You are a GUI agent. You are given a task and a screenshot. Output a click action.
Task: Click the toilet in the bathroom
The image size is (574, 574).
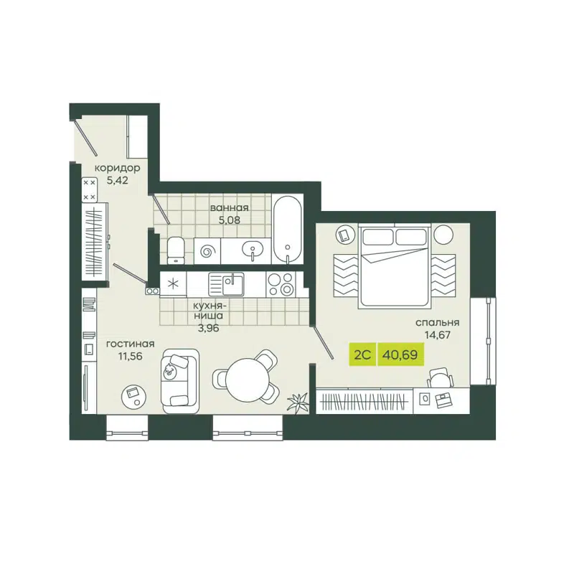tap(174, 250)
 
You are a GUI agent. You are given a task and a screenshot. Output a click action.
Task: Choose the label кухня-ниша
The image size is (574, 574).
tap(209, 309)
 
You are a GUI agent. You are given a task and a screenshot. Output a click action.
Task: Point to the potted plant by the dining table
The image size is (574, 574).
tap(296, 403)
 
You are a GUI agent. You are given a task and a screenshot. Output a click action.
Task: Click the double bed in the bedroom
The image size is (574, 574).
tap(395, 264)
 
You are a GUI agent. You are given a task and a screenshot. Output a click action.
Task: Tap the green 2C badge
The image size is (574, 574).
tap(362, 353)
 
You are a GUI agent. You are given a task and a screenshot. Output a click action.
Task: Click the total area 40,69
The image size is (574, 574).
tap(402, 353)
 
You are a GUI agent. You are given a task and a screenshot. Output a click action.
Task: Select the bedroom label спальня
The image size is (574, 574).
tap(437, 322)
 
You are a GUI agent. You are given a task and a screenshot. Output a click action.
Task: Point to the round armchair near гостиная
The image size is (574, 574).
tap(133, 392)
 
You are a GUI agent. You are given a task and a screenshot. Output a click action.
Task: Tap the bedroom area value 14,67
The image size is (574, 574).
tap(437, 334)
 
